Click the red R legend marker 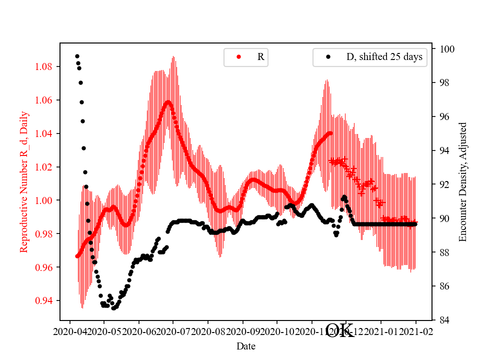(238, 57)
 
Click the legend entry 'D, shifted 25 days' (384, 57)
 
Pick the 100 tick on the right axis (433, 49)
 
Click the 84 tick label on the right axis (444, 320)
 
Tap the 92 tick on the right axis (433, 184)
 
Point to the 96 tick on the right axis (433, 116)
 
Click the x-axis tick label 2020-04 (69, 331)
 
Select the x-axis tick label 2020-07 (173, 331)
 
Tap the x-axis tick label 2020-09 (242, 331)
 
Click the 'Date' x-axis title (246, 346)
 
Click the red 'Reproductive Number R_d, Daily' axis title (24, 181)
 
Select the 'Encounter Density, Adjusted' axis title (462, 181)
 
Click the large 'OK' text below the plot (340, 330)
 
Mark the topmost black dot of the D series (77, 56)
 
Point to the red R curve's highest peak (168, 102)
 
